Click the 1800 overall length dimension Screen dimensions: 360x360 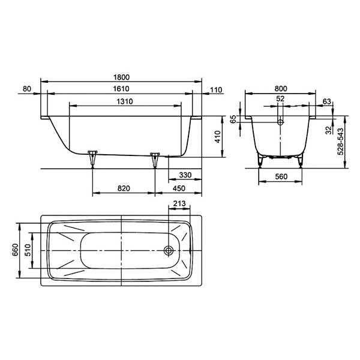tap(122, 76)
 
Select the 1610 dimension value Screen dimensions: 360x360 tap(122, 89)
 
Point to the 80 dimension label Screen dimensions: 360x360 tap(26, 89)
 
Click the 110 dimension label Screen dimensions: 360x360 tap(216, 90)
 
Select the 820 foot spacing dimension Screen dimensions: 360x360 tap(124, 188)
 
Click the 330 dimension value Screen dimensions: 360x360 tap(185, 175)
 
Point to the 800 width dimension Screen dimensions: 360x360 tap(281, 89)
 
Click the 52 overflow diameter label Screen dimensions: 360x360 tap(281, 99)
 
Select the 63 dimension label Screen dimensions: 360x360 tap(326, 101)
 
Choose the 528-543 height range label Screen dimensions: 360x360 tap(340, 142)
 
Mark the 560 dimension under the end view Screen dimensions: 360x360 tap(281, 177)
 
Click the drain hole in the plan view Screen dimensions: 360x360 tap(170, 250)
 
